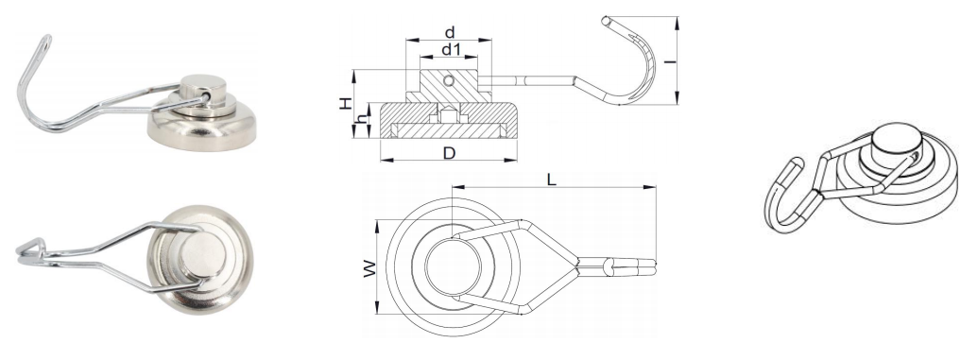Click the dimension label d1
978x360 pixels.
[449, 49]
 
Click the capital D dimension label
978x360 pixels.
[449, 152]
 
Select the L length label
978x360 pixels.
[552, 180]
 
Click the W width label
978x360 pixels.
[370, 268]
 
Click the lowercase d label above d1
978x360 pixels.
[449, 32]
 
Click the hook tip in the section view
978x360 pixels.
[605, 20]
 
